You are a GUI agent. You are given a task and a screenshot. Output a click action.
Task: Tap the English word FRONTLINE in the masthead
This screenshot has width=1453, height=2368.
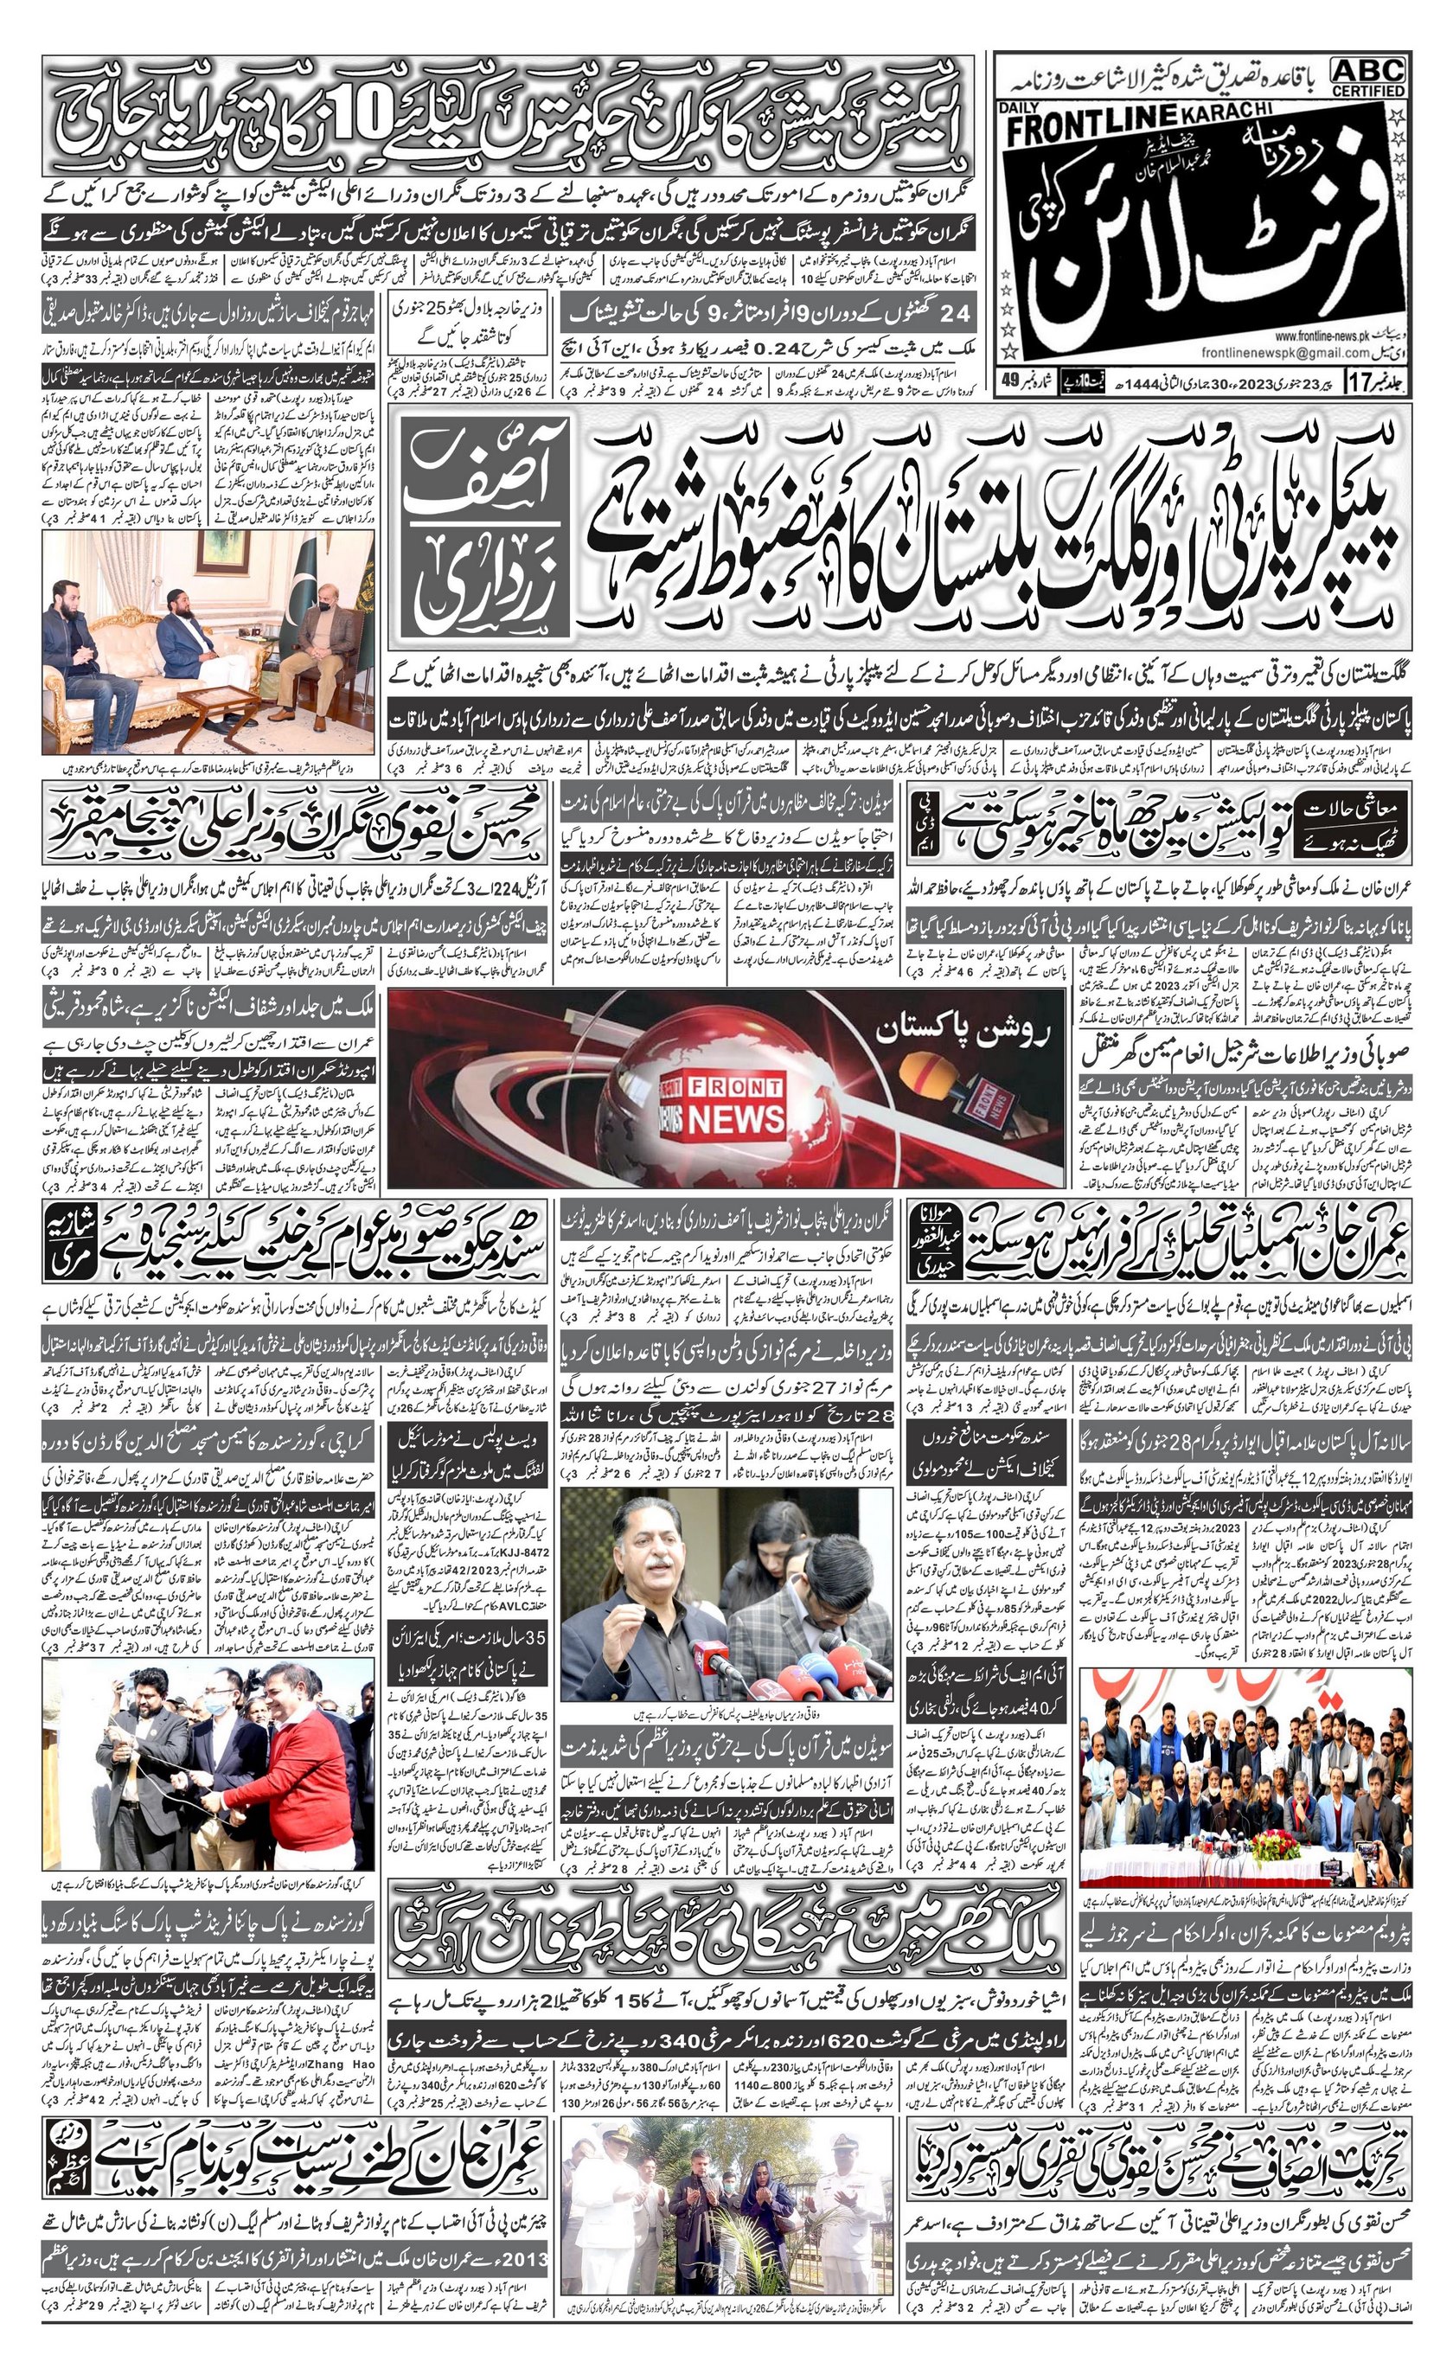pos(1092,123)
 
